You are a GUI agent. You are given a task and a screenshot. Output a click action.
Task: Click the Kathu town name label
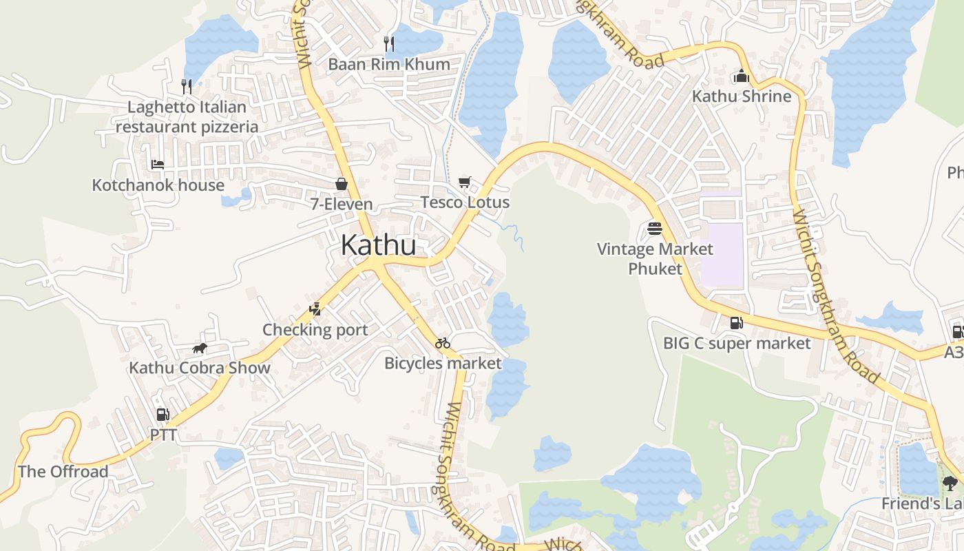(378, 246)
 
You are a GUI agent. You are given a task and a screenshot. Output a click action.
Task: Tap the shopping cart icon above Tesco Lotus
(465, 183)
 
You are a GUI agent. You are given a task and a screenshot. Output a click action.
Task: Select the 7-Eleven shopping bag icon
(341, 184)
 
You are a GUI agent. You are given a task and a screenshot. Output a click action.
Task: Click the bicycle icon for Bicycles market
(443, 343)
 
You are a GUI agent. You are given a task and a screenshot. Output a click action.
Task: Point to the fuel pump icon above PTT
(163, 415)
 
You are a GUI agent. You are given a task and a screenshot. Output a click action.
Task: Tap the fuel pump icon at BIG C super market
(736, 322)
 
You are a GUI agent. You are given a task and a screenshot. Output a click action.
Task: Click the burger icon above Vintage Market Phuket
(655, 228)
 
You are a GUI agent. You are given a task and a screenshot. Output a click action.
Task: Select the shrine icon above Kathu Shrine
(742, 76)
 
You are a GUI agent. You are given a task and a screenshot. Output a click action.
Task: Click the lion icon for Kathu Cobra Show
(200, 348)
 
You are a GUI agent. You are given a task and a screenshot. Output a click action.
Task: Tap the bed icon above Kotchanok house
(158, 165)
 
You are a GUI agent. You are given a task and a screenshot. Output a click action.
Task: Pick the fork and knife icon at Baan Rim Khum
(389, 44)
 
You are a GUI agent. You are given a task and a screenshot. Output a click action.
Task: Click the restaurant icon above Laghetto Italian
(187, 86)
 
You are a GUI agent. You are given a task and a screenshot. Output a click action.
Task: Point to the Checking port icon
(315, 309)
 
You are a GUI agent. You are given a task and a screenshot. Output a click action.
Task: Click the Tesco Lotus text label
(465, 202)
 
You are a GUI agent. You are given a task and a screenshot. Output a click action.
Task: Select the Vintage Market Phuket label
(655, 258)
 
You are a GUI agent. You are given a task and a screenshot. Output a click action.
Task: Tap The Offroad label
(63, 472)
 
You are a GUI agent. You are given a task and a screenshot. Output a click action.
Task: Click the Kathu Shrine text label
(742, 96)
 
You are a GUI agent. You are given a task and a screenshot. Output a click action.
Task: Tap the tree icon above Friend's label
(950, 483)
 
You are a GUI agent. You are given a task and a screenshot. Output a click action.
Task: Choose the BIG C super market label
(736, 343)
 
